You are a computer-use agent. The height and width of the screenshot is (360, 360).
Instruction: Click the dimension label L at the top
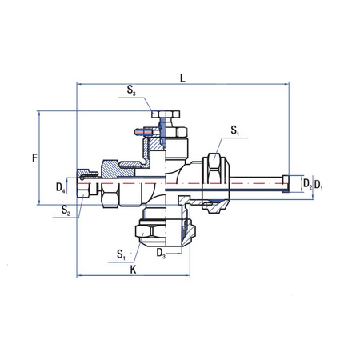[x=182, y=78]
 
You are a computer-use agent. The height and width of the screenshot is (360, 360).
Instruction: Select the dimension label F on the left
[x=35, y=158]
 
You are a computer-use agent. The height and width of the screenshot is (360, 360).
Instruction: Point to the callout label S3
[x=132, y=93]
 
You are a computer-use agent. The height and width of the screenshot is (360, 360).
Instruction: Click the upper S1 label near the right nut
[x=234, y=130]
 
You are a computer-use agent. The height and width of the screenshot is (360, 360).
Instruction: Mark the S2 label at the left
[x=68, y=211]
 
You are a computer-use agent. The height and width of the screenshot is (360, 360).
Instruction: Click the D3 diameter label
[x=162, y=254]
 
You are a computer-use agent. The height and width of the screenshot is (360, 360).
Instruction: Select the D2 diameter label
[x=307, y=185]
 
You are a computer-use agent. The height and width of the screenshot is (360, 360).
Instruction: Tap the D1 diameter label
[x=319, y=185]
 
